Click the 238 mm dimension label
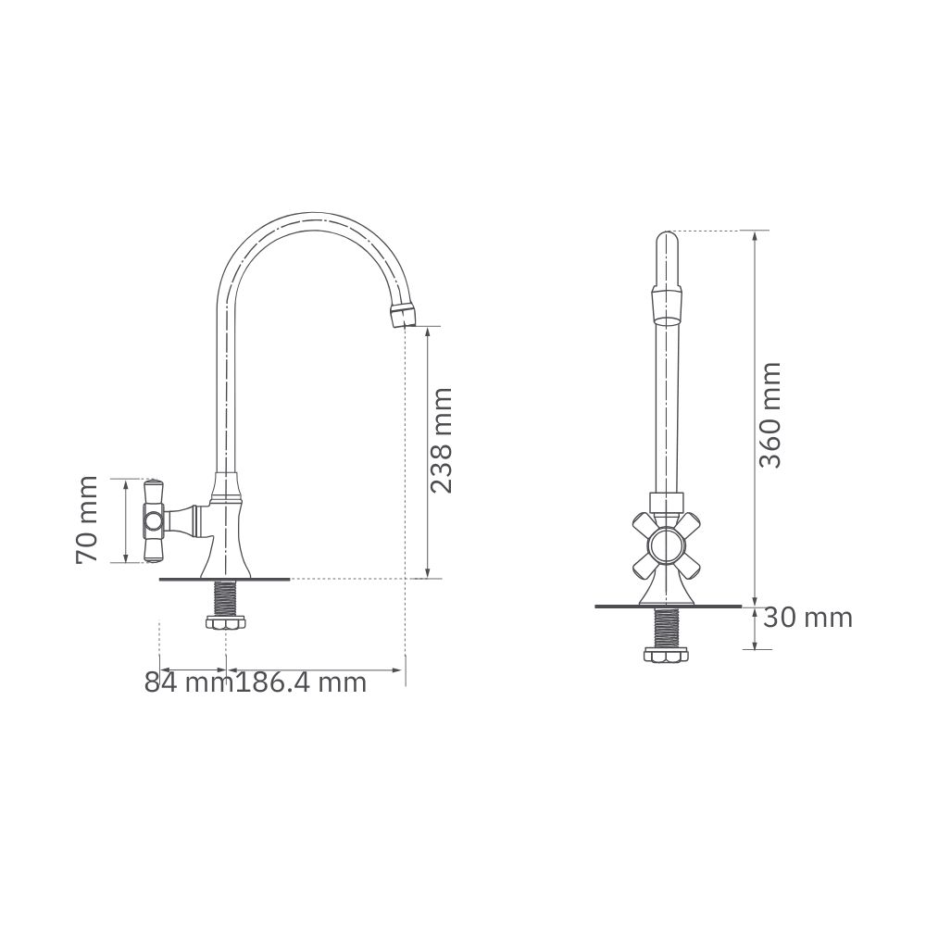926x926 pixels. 441,440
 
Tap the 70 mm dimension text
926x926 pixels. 87,519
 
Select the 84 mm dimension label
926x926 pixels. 189,682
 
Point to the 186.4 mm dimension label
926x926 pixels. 301,682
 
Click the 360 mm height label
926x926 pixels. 770,415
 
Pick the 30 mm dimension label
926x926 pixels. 807,619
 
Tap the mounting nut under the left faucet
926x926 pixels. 226,623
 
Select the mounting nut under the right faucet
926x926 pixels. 667,655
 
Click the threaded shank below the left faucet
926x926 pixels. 226,597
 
